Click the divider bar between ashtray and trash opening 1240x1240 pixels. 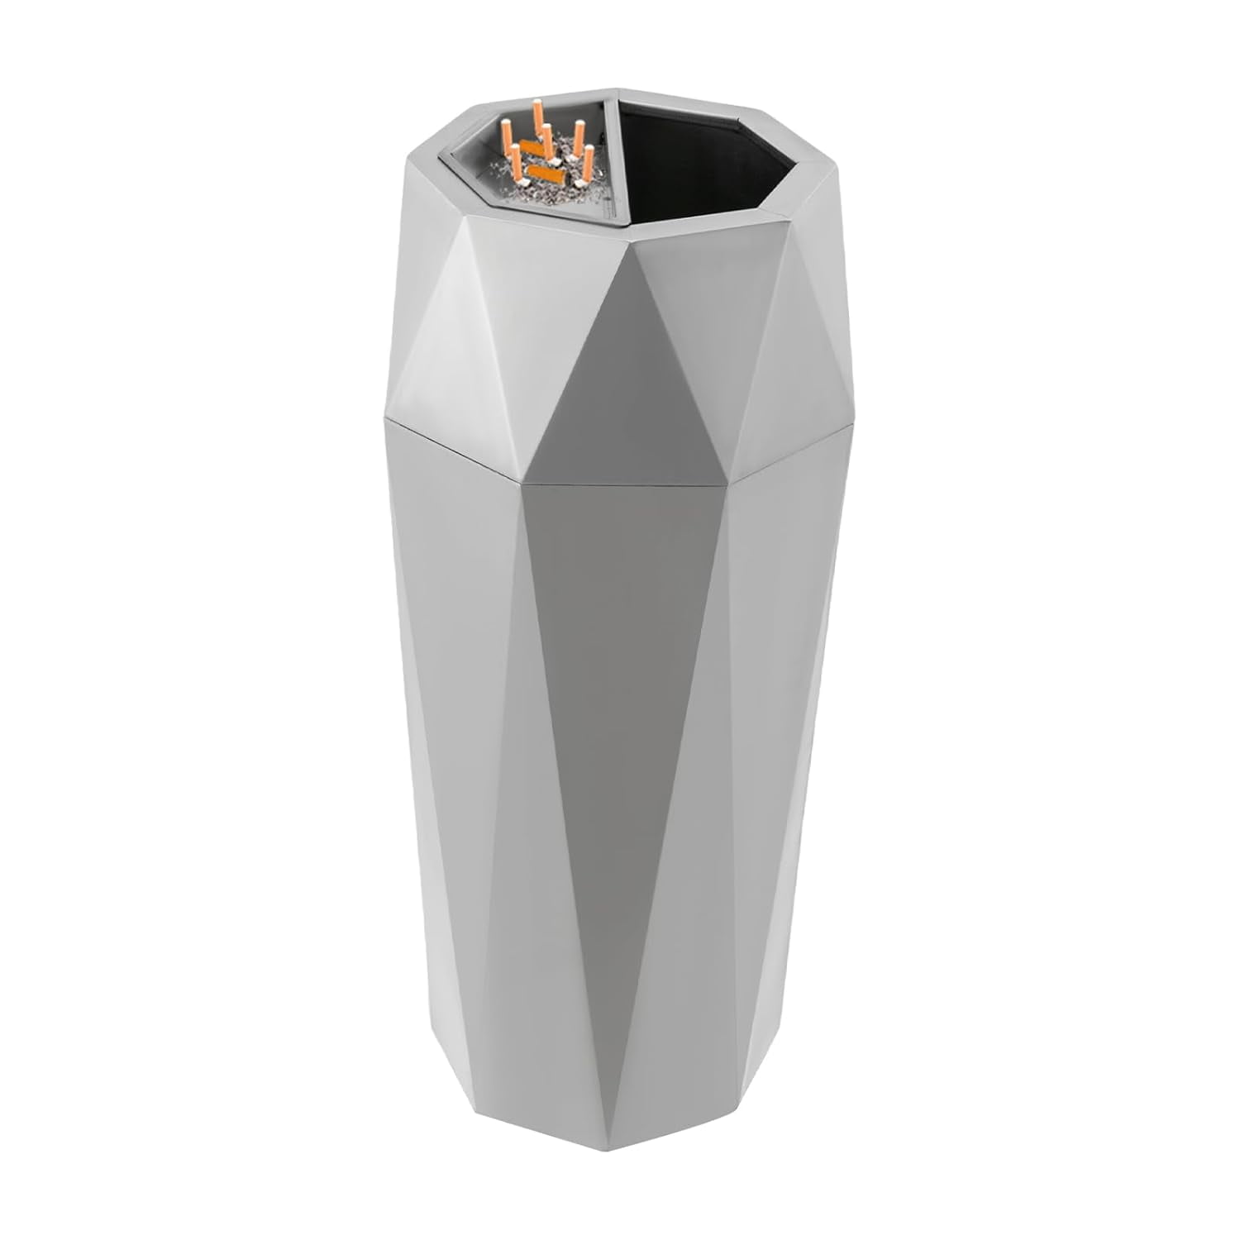pos(614,165)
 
